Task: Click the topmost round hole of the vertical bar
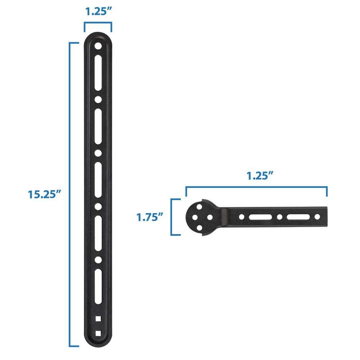98,46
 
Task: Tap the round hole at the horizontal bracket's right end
317,217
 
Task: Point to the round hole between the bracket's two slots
279,217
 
